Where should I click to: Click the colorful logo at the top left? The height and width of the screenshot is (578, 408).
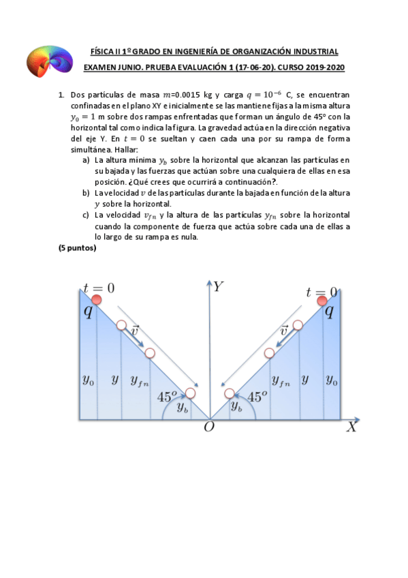pyautogui.click(x=48, y=59)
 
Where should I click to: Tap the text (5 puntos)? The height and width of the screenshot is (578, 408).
pyautogui.click(x=78, y=248)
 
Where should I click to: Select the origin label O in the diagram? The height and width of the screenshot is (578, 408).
pyautogui.click(x=209, y=427)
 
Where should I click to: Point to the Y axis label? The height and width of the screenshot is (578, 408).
pyautogui.click(x=217, y=287)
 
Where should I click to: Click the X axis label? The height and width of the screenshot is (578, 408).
pyautogui.click(x=351, y=427)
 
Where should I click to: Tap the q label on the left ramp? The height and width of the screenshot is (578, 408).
pyautogui.click(x=88, y=311)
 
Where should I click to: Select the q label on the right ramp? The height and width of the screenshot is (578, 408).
pyautogui.click(x=329, y=311)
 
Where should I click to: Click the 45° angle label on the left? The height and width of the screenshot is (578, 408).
pyautogui.click(x=167, y=396)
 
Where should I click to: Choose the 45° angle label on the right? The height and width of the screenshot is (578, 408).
pyautogui.click(x=257, y=396)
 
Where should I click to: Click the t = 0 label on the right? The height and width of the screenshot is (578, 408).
pyautogui.click(x=321, y=293)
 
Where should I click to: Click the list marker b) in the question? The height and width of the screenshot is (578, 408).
pyautogui.click(x=87, y=193)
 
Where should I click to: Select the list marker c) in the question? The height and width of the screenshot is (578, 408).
pyautogui.click(x=87, y=215)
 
